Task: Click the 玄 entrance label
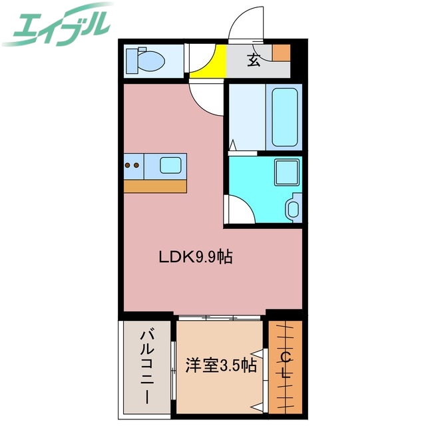click(x=254, y=61)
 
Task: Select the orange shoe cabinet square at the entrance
click(x=281, y=52)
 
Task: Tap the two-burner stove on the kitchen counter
click(x=132, y=165)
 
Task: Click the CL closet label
click(x=286, y=365)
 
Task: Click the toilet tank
click(x=130, y=60)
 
